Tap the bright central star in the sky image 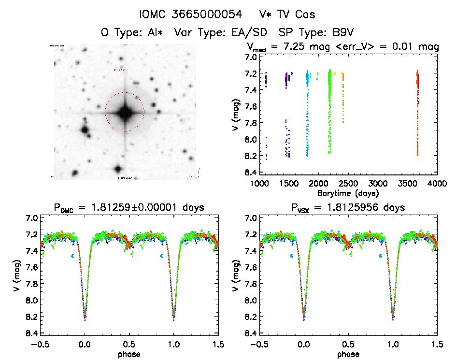(x=125, y=112)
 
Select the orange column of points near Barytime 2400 (x=343, y=97)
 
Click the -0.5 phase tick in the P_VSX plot (x=259, y=345)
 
